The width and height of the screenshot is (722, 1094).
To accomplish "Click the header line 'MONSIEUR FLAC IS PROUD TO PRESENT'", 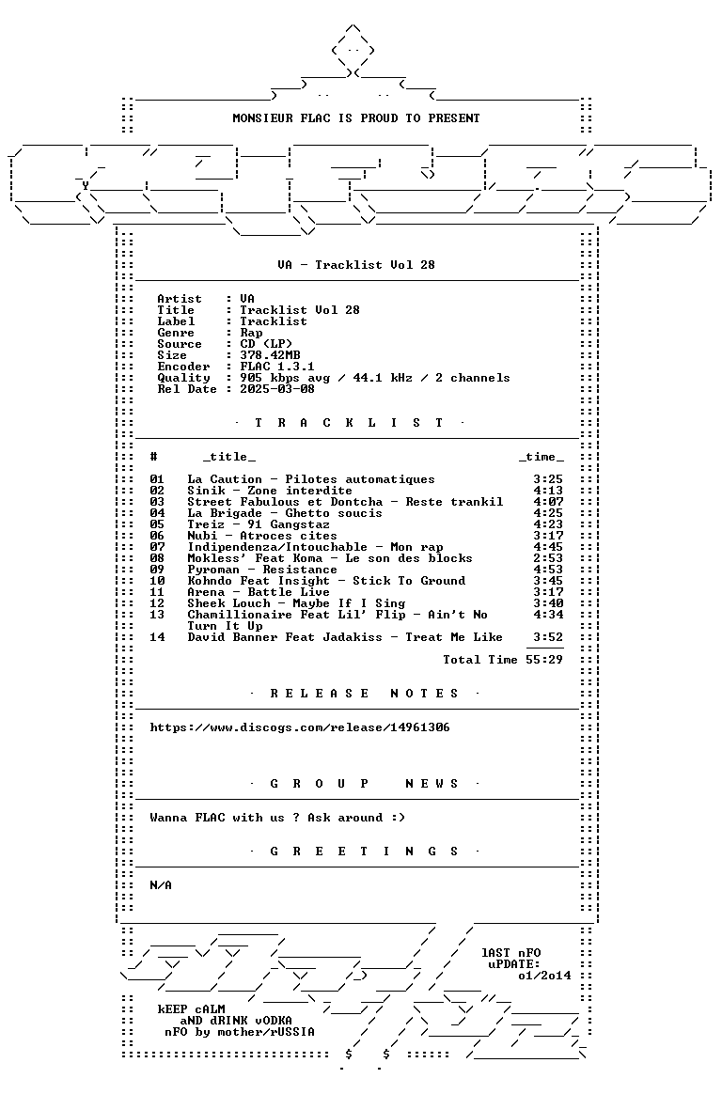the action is click(355, 118).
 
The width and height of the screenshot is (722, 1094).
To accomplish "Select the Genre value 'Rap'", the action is click(251, 333).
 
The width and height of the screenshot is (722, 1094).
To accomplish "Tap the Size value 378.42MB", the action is click(270, 355).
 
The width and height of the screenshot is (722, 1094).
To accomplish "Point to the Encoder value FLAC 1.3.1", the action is click(277, 367).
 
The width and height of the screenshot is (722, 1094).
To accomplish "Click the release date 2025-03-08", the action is click(277, 389).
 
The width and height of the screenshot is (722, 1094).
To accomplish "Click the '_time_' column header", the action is click(541, 457).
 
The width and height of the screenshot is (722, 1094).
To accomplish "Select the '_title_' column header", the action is click(229, 457).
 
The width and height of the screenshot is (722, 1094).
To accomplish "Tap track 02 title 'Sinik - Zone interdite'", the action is click(269, 491).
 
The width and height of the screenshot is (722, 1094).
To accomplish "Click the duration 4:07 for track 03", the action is click(548, 502).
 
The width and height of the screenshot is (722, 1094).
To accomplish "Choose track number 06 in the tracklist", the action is click(157, 536).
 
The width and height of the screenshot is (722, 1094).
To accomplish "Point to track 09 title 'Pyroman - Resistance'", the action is click(261, 570).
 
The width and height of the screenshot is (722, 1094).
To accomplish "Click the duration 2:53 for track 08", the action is click(548, 558).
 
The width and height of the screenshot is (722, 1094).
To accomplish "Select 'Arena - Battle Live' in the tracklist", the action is click(259, 592).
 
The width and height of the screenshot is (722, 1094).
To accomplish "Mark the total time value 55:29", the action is click(544, 660).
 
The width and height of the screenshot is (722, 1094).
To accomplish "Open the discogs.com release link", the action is click(300, 727).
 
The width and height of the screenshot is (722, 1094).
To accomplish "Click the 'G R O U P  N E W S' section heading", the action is click(364, 784).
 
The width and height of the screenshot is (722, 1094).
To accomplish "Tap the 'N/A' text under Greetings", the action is click(161, 885).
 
